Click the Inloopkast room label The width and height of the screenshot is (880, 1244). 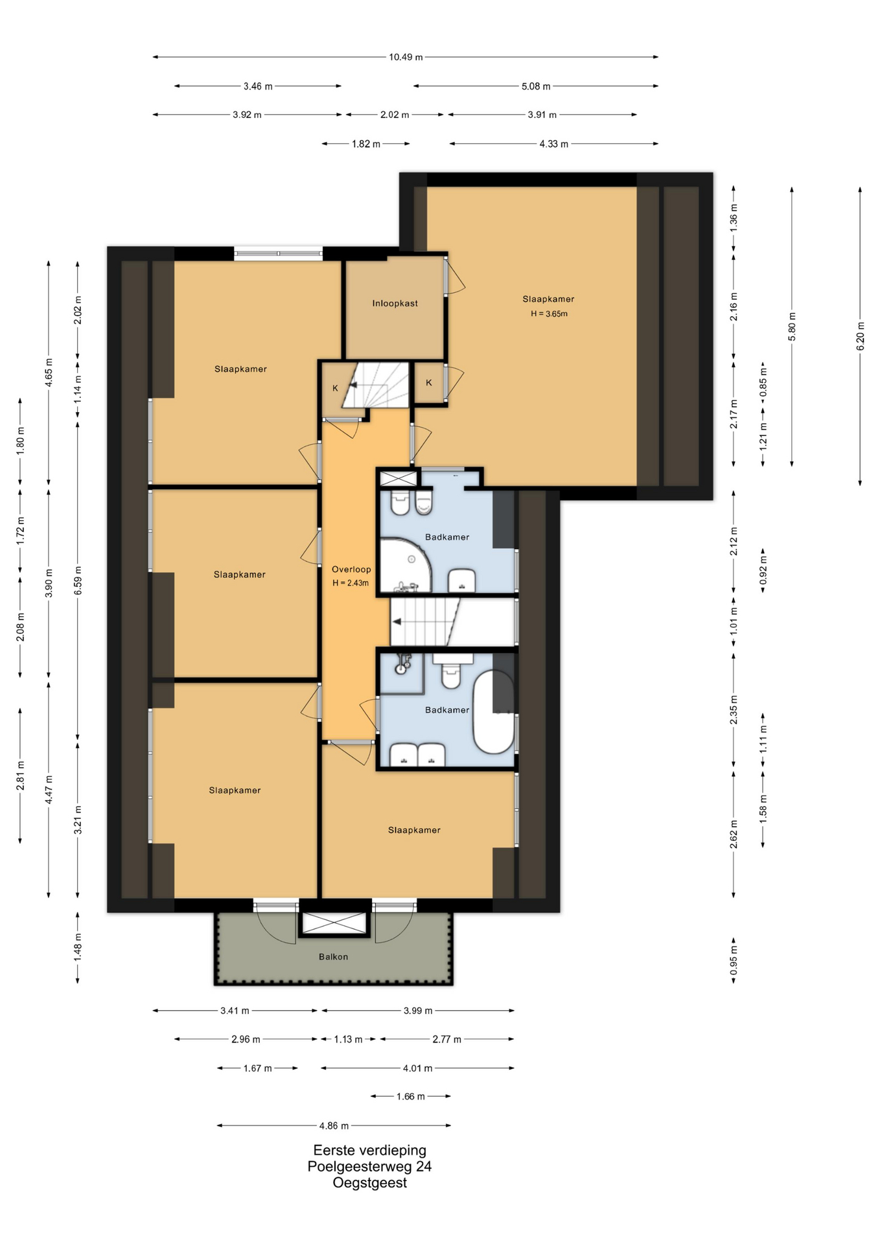[x=395, y=303]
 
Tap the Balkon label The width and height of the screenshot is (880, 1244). [x=333, y=956]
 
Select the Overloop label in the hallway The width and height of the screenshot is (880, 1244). [x=351, y=570]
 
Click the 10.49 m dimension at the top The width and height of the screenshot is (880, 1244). [x=406, y=57]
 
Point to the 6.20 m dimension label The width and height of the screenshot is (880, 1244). [x=861, y=336]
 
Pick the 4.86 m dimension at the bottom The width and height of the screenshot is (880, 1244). [x=333, y=1125]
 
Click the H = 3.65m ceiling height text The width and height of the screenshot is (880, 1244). [x=549, y=314]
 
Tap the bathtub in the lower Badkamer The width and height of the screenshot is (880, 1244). [x=494, y=712]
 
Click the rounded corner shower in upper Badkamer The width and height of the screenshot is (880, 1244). [x=405, y=564]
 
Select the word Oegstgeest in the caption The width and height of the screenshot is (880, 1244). [x=369, y=1182]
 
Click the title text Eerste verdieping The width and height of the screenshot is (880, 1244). [x=369, y=1150]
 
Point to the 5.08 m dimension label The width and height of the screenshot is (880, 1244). [x=536, y=86]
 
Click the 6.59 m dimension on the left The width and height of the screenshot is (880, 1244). [x=78, y=581]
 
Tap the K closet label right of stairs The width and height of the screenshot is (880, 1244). [x=429, y=383]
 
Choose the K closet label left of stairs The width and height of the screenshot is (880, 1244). [x=335, y=389]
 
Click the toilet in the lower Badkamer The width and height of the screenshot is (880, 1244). [x=452, y=671]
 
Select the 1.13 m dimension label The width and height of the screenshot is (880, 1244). [x=348, y=1039]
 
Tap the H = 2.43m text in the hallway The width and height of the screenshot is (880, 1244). [x=351, y=582]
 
